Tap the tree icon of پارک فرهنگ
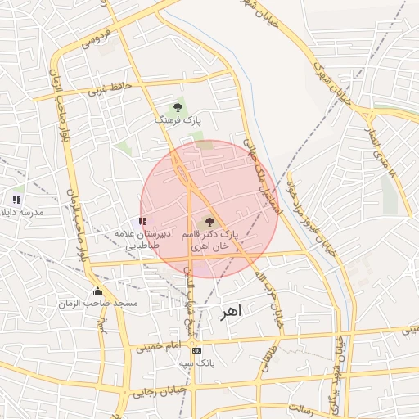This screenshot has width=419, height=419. (x=178, y=107)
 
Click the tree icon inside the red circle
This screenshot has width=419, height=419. (x=209, y=221)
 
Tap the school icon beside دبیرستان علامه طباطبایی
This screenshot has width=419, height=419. (x=143, y=221)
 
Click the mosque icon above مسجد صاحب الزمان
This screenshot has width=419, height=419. (x=97, y=291)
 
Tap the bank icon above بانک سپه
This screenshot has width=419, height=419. (x=196, y=350)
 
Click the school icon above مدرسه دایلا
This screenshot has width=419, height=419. (x=16, y=200)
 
